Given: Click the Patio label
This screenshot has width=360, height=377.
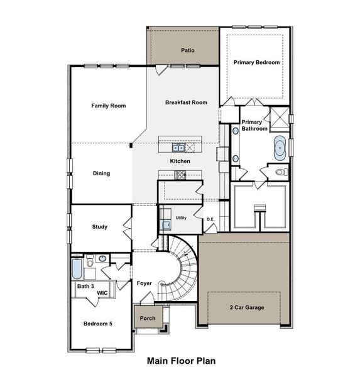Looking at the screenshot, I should [187, 49].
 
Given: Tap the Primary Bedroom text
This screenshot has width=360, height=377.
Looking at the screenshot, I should [256, 62].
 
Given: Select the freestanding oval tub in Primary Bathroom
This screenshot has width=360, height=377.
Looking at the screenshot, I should [280, 148].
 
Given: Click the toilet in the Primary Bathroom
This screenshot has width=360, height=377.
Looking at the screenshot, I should [280, 172].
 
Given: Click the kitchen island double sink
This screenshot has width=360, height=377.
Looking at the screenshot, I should [179, 148].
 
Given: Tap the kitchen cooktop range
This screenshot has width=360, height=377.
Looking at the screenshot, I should [180, 175].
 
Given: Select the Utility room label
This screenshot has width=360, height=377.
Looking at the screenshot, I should [181, 217].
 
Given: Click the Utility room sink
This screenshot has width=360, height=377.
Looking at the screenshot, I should [166, 225].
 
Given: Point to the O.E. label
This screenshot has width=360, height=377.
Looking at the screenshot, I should [210, 219].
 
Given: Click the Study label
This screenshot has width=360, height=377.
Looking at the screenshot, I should [100, 227].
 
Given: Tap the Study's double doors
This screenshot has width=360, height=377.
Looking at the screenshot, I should [128, 226].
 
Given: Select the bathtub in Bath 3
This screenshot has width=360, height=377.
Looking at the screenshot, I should [77, 270].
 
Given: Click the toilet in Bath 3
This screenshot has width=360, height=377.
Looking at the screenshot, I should [90, 260].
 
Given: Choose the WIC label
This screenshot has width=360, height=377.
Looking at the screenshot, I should [101, 292].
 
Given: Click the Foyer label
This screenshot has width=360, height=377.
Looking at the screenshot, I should [145, 283].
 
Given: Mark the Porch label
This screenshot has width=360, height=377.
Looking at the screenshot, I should [147, 318].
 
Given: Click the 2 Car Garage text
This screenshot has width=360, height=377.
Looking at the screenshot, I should [246, 307].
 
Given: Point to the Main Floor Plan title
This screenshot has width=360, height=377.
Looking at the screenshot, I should [181, 361].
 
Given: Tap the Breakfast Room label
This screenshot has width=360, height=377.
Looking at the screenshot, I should [186, 102].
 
